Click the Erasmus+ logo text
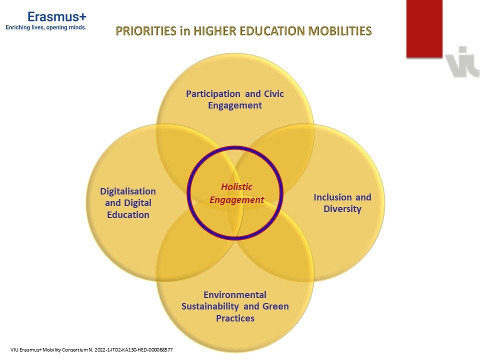pos(57,16)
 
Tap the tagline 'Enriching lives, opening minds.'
pos(46,28)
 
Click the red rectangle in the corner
pos(424,28)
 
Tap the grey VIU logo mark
pos(462,62)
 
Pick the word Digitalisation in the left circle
pos(128,191)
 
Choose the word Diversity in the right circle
pos(342,209)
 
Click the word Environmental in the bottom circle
pos(235,294)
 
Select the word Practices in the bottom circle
pos(235,318)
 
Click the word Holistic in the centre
pos(236,187)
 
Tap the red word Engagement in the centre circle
pos(236,200)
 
